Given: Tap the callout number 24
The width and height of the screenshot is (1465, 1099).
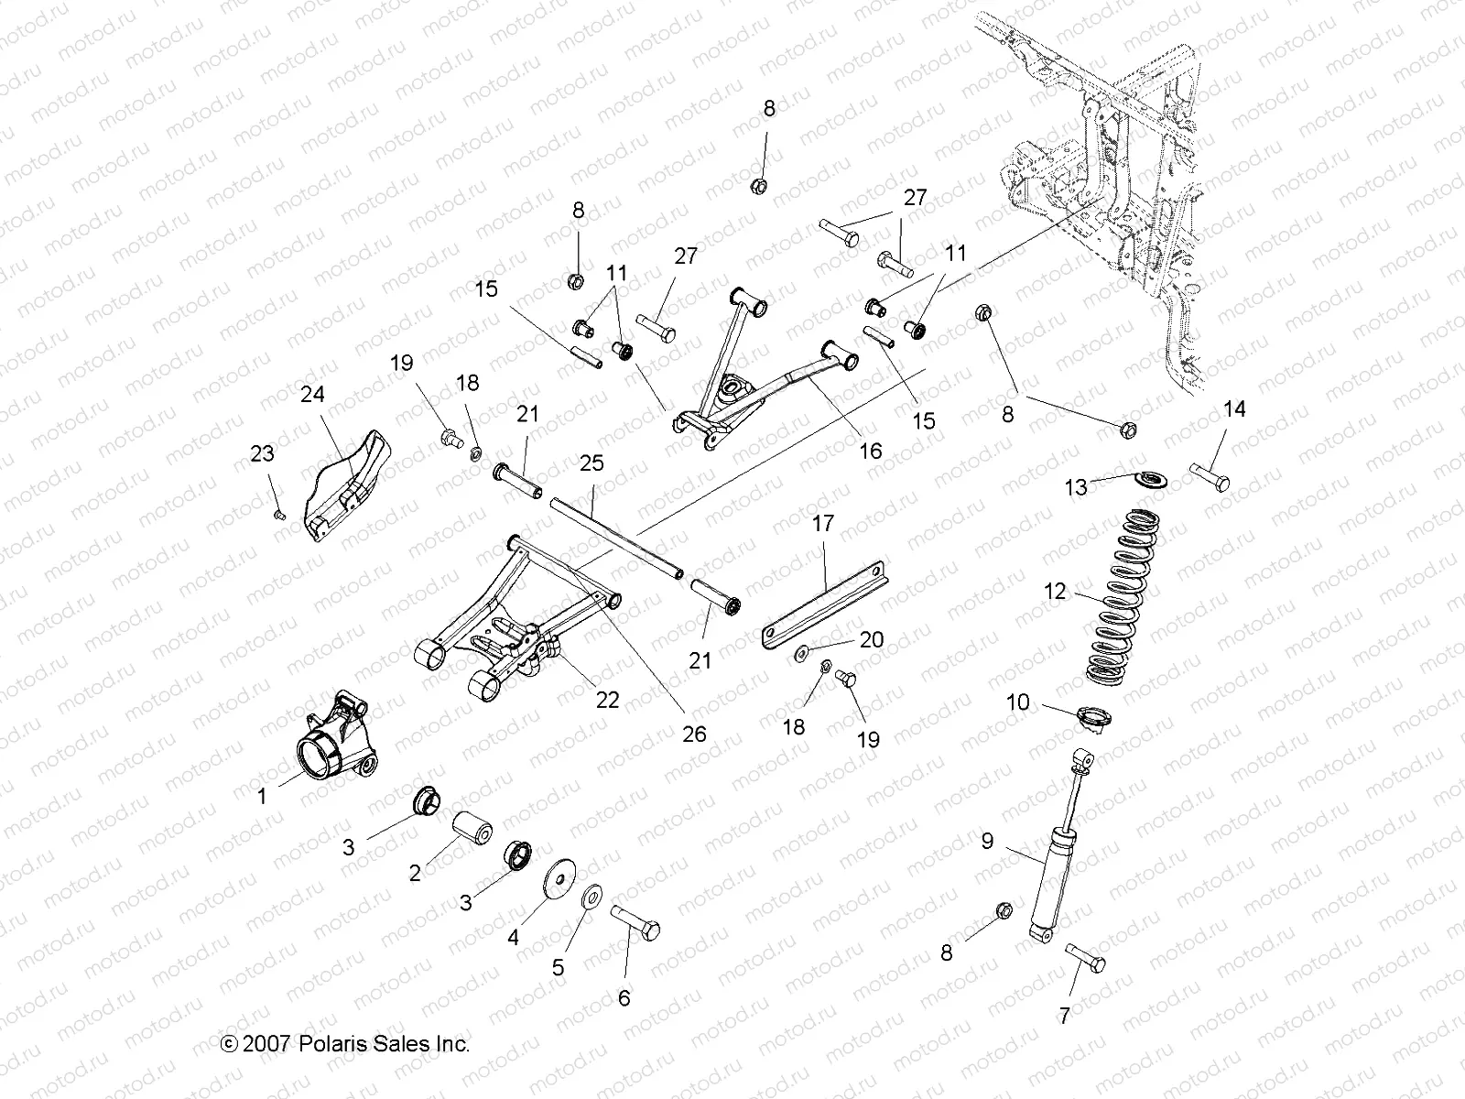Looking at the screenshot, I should click(x=312, y=395).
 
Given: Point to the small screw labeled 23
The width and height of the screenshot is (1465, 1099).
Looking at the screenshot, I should click(x=280, y=516).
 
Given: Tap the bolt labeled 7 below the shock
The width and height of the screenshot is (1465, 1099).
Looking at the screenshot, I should click(x=1086, y=961).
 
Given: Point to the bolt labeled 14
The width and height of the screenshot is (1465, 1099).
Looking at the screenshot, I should click(x=1210, y=477).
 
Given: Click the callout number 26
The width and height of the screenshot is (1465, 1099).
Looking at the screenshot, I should click(x=694, y=734).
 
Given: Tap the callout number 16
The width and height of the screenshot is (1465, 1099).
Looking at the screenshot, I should click(x=870, y=450).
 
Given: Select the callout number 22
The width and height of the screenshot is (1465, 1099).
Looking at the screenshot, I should click(x=607, y=700).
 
